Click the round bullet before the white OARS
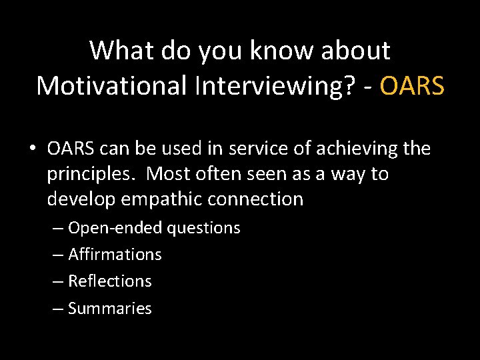33,149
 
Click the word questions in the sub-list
203,228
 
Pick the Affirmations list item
115,255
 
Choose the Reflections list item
110,281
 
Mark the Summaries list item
110,309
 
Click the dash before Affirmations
58,255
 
